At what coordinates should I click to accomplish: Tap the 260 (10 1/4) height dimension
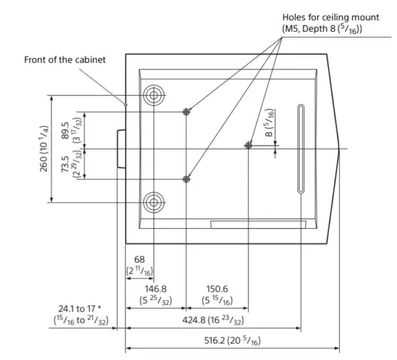pos(44,149)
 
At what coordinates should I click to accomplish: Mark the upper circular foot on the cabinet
pos(154,95)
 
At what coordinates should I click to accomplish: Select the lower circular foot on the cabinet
pos(154,201)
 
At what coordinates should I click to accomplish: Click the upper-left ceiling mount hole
pos(187,111)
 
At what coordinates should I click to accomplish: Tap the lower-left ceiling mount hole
pos(187,178)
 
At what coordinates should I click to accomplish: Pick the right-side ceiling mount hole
pos(248,145)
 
